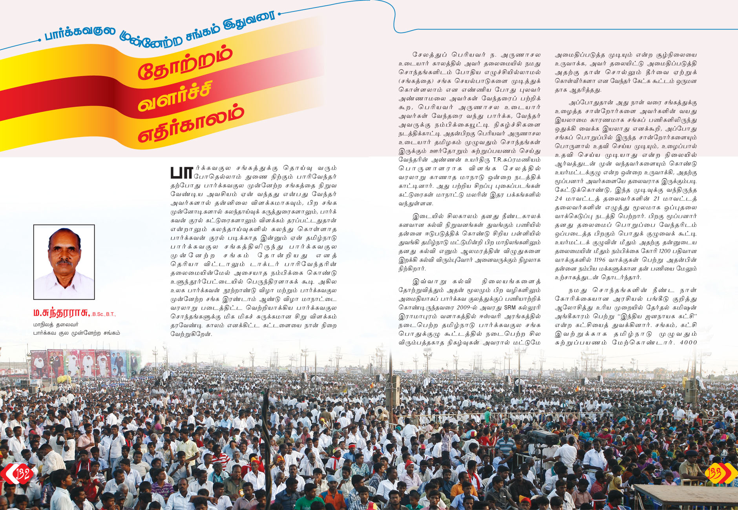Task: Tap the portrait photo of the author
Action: (64, 262)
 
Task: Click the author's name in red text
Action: (62, 313)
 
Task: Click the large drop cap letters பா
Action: (182, 173)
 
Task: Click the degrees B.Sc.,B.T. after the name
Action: (104, 314)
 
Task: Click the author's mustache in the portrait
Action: (64, 262)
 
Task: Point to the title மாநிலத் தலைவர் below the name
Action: (56, 324)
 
